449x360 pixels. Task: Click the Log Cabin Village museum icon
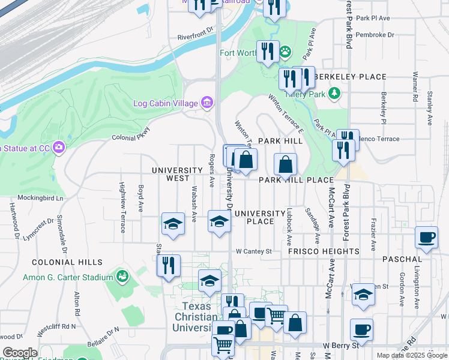(x=207, y=103)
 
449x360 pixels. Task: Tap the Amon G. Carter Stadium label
(x=68, y=277)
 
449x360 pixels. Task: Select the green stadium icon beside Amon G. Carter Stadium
(x=123, y=277)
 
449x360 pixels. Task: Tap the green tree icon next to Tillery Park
(x=334, y=94)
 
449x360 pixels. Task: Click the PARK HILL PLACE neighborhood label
(x=296, y=180)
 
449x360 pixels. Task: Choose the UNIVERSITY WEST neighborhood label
(x=170, y=175)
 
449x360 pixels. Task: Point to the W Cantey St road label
(x=254, y=251)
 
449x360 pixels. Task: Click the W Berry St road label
(x=340, y=345)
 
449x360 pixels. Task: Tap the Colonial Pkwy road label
(x=130, y=136)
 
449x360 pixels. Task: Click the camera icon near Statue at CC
(x=58, y=147)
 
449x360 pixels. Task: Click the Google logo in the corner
(x=20, y=353)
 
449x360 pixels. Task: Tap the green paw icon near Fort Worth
(x=285, y=52)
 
